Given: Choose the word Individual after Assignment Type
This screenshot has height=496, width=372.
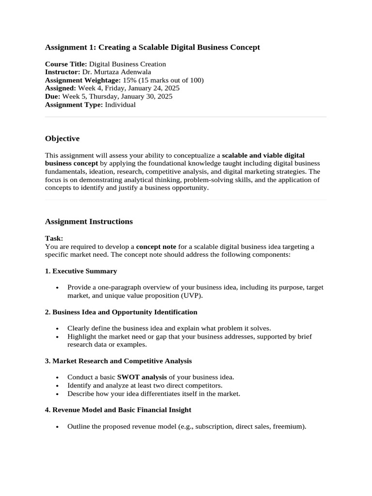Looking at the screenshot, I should [x=120, y=105].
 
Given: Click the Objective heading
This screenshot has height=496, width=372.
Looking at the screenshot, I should [x=62, y=139].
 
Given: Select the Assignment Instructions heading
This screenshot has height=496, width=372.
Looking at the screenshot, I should [x=89, y=221].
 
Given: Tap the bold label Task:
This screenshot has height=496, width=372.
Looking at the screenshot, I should [x=54, y=238].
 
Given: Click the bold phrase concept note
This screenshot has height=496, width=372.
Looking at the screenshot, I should [x=156, y=247].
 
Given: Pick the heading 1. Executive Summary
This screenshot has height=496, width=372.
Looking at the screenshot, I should [x=81, y=271].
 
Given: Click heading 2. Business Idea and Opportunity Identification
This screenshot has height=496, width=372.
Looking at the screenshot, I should [x=121, y=312].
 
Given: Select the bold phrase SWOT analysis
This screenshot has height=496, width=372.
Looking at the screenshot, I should [x=142, y=377].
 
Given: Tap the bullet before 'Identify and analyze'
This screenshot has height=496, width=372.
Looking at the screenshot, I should [x=58, y=386].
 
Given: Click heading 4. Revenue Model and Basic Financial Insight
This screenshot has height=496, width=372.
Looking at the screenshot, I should [x=118, y=410].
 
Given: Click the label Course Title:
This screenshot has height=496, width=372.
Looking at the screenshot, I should [x=66, y=64].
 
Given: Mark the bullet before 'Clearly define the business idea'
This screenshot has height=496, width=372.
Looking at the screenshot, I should [x=58, y=328].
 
